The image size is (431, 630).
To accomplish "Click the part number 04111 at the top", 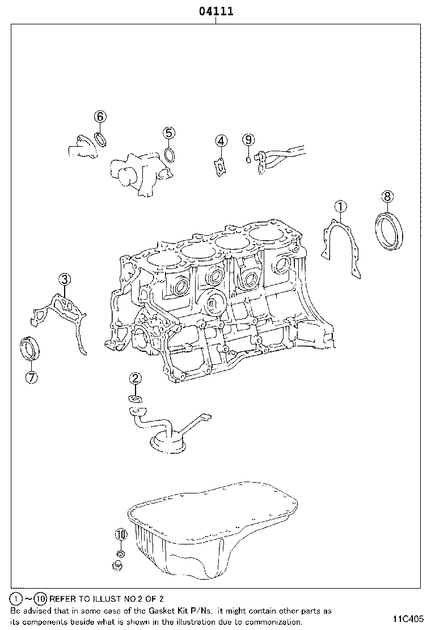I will (216, 11).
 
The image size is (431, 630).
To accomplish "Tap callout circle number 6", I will (99, 117).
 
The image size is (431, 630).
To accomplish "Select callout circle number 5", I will (169, 133).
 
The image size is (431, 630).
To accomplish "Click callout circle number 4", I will (221, 141).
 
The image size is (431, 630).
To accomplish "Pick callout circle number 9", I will (248, 139).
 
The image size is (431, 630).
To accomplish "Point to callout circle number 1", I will (340, 206).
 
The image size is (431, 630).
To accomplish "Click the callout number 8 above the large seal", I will (386, 197).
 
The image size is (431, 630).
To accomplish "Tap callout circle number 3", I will (65, 278).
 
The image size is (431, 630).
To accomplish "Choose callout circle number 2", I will (135, 378).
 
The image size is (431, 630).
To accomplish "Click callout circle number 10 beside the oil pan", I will (121, 534).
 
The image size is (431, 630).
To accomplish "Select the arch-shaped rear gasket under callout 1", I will (340, 244).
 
